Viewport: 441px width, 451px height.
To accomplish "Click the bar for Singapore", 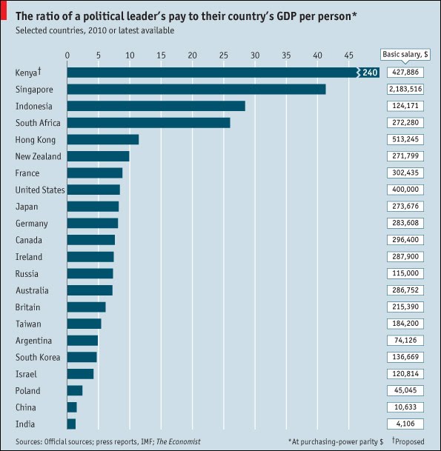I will [x=196, y=89].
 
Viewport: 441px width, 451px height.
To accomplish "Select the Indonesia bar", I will [x=156, y=106].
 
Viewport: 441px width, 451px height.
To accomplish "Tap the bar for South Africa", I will [x=148, y=123].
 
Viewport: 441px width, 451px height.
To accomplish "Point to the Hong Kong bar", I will [x=103, y=139].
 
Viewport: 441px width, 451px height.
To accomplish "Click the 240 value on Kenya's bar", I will [x=370, y=72].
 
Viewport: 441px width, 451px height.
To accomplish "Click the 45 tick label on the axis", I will [x=348, y=55].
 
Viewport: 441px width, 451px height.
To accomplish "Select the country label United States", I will [x=40, y=190].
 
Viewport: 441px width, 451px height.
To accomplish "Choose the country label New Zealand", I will [x=39, y=156].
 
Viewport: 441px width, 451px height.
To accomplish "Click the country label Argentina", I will [x=33, y=341].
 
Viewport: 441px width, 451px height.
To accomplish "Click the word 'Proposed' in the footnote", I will [x=411, y=441].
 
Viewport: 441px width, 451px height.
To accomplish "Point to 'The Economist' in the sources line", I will [x=178, y=441].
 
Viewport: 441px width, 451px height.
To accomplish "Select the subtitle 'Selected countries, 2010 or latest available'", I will [x=99, y=30].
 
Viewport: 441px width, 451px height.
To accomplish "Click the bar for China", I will [x=72, y=407].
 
